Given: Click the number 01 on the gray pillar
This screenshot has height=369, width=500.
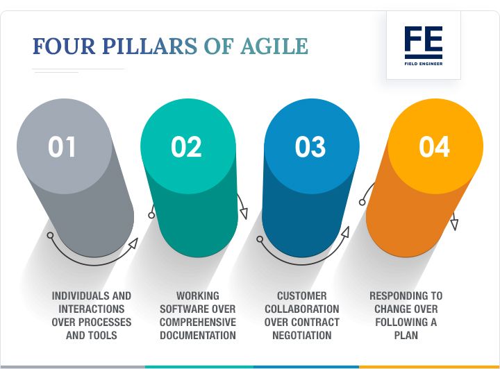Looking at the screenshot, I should point(62,147).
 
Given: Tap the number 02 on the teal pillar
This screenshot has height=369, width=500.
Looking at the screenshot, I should point(186,147).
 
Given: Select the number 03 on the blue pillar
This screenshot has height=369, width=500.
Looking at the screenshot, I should point(310,147).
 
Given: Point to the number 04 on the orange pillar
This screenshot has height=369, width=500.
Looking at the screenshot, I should point(435,147).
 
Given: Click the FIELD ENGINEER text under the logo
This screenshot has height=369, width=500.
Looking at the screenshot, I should point(423,64).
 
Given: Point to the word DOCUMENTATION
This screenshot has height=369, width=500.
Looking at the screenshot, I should point(198,336).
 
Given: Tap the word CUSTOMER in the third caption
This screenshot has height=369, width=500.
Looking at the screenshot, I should point(302,295).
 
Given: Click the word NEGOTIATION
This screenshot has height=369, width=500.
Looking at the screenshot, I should point(302,336).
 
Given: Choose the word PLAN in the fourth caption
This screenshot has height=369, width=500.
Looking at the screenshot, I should point(406,336).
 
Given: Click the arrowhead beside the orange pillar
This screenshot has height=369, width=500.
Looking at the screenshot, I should point(454,225).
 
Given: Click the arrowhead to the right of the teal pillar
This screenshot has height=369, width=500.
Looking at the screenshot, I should point(243,214).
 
